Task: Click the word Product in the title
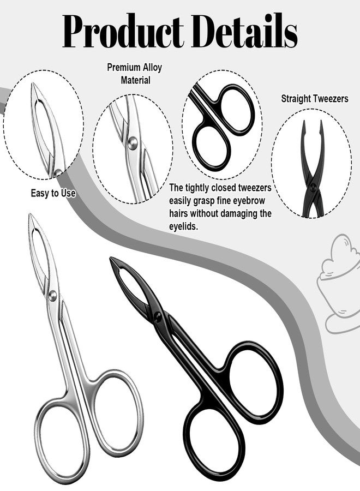tap(123, 31)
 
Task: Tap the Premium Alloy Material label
tap(135, 74)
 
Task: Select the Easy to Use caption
tap(53, 193)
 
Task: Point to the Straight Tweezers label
tap(315, 99)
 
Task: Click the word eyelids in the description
tap(184, 226)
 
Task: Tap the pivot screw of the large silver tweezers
tap(52, 295)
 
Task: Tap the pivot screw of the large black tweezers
tap(158, 316)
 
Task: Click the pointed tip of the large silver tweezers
tap(30, 214)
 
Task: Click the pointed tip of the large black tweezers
tap(111, 258)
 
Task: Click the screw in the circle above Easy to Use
tap(58, 172)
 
